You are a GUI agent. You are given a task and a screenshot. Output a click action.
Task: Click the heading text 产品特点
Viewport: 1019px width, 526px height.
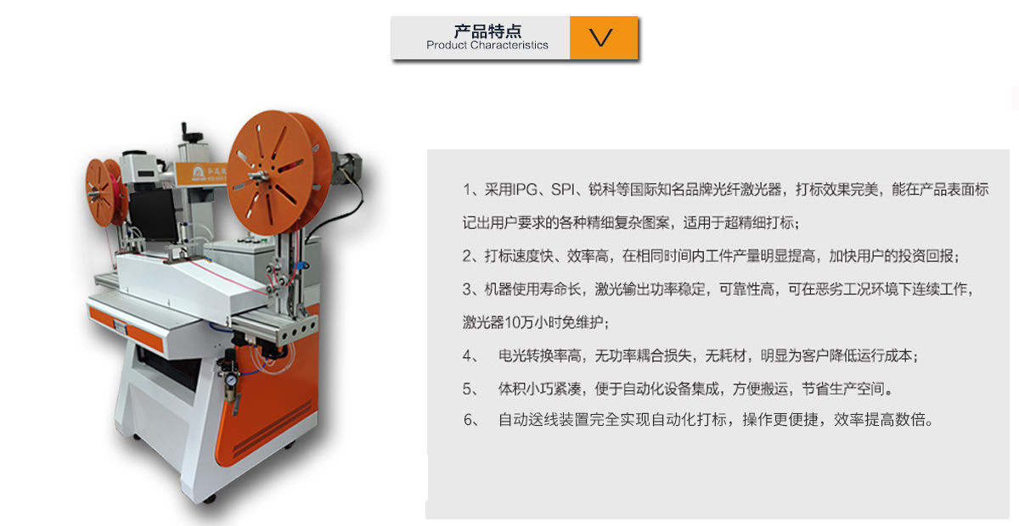tap(487, 31)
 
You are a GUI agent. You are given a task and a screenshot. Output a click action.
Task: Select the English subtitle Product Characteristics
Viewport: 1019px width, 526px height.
tap(487, 45)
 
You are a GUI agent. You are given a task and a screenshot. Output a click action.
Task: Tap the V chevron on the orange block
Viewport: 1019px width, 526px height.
tap(601, 37)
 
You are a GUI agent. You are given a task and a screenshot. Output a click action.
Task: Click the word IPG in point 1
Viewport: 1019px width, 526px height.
tap(525, 189)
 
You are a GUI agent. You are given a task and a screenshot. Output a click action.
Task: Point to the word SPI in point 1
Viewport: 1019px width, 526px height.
tap(563, 189)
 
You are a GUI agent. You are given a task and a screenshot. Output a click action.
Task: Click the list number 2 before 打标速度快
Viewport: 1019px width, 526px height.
tap(467, 256)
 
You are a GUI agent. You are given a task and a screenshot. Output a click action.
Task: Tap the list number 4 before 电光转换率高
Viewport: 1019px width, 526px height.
tap(467, 355)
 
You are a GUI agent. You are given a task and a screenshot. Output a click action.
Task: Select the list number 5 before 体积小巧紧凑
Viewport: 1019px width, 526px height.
tap(467, 389)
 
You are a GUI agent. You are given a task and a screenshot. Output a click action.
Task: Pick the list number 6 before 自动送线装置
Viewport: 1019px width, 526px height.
tap(468, 420)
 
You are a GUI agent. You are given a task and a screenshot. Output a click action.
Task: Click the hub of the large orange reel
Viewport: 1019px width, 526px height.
tap(259, 176)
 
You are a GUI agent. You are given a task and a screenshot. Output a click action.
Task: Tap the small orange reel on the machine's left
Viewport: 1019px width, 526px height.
tap(104, 192)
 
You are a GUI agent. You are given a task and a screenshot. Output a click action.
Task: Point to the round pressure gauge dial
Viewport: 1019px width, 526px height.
tap(231, 379)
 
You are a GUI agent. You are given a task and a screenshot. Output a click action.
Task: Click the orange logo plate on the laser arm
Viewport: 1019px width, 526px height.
tap(201, 173)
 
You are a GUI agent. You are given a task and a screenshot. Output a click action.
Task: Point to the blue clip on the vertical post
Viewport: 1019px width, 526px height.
tap(301, 265)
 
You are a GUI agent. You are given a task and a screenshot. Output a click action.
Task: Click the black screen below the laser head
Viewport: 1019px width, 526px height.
tap(154, 215)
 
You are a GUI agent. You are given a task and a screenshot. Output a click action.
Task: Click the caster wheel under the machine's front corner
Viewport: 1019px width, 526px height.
tap(210, 499)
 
